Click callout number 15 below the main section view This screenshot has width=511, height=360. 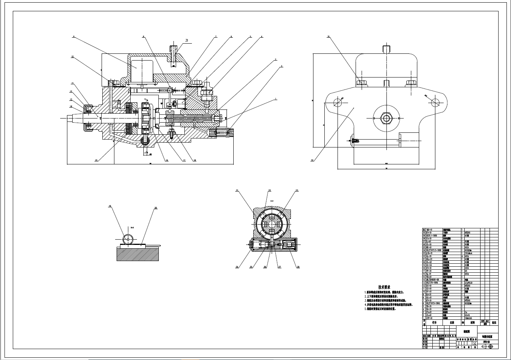96,161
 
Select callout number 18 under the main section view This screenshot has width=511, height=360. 195,161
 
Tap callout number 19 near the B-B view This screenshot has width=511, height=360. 110,206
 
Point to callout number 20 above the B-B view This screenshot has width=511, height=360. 155,208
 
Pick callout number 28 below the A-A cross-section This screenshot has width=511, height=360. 298,267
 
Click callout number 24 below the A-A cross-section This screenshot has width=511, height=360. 237,267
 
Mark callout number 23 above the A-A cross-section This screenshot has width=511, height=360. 297,191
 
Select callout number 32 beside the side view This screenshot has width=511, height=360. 312,160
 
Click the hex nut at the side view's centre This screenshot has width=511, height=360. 386,118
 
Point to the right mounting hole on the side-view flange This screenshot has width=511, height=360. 436,102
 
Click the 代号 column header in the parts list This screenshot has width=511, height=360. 434,322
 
